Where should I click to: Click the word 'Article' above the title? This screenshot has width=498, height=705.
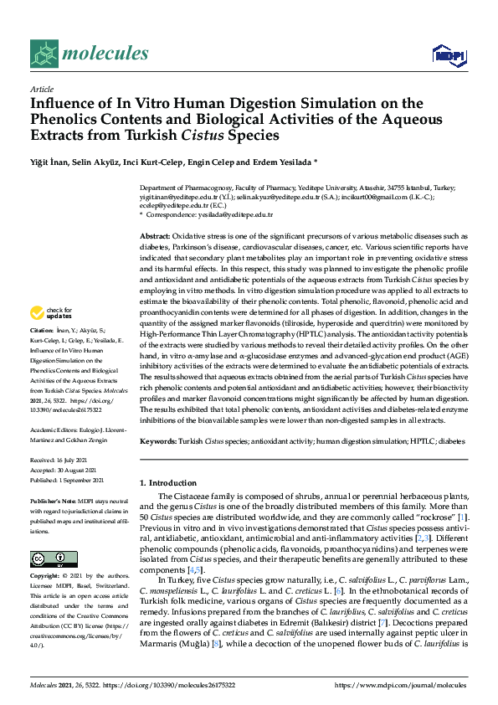(x=41, y=88)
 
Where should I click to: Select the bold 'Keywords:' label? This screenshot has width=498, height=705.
(x=158, y=440)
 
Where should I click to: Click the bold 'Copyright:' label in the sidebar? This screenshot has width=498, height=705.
(x=45, y=577)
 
